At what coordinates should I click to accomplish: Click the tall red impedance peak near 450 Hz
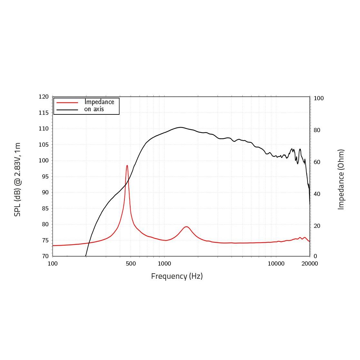[127, 166]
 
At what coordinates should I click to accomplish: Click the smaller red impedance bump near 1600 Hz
[186, 227]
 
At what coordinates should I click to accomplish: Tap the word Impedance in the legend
[99, 102]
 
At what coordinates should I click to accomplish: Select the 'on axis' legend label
[94, 109]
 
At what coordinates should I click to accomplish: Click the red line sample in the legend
[67, 102]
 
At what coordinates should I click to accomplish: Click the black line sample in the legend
[67, 110]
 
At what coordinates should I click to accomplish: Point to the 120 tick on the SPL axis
[44, 97]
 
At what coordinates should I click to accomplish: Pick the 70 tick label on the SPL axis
[45, 256]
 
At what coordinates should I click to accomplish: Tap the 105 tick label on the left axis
[44, 145]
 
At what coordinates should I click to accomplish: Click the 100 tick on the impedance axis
[318, 98]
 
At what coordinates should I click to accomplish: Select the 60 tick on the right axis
[317, 162]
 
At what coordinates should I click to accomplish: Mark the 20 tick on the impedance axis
[317, 226]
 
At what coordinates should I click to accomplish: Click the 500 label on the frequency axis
[131, 264]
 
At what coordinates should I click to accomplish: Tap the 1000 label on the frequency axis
[164, 264]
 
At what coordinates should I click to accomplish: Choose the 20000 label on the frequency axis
[310, 264]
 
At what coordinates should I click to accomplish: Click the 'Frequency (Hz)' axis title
[177, 276]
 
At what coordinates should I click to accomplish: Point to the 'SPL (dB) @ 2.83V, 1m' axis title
[17, 180]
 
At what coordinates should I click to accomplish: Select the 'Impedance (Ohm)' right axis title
[341, 180]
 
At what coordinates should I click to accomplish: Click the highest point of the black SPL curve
[180, 127]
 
